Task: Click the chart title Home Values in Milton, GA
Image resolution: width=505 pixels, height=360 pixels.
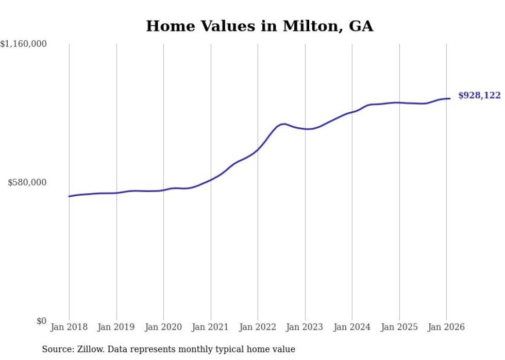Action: click(x=259, y=26)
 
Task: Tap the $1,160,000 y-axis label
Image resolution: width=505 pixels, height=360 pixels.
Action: click(x=24, y=44)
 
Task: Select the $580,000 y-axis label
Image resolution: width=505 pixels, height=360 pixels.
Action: click(x=27, y=182)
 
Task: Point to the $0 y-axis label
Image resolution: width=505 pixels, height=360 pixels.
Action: click(x=41, y=321)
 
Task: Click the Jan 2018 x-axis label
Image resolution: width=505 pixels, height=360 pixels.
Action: click(x=69, y=327)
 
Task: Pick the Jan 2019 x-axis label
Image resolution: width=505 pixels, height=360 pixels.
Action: click(x=116, y=327)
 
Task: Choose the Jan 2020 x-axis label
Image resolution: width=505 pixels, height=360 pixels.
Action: click(x=163, y=327)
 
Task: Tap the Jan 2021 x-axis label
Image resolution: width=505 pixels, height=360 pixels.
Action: click(x=211, y=327)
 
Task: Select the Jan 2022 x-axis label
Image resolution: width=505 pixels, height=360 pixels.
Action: click(x=258, y=327)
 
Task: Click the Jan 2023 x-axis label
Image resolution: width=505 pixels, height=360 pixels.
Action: click(x=305, y=327)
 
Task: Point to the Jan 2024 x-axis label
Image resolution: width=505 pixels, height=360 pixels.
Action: click(x=352, y=327)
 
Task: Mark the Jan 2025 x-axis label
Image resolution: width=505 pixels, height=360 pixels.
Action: click(x=399, y=327)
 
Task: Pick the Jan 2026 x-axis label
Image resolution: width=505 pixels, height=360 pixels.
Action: click(x=446, y=327)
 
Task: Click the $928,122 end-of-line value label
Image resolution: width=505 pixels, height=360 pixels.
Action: click(x=479, y=96)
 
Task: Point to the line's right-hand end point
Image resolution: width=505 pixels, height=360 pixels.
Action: click(x=450, y=98)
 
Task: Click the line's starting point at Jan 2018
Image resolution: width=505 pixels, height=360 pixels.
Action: click(x=69, y=196)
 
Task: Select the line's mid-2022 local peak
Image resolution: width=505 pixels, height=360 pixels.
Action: click(x=284, y=124)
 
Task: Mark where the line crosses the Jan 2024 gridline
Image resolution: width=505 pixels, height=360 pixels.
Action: click(x=352, y=112)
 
